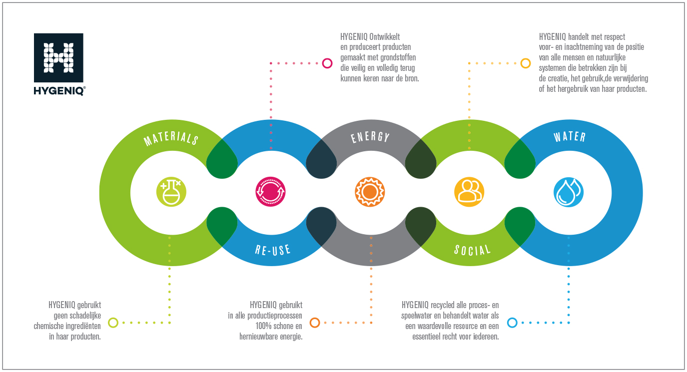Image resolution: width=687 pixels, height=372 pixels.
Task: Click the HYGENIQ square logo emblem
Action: pyautogui.click(x=58, y=57)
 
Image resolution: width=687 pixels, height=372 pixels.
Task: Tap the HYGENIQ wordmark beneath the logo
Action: pyautogui.click(x=59, y=91)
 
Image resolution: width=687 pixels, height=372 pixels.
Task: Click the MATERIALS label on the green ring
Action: pyautogui.click(x=171, y=139)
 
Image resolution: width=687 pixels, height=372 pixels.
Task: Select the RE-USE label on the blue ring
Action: pyautogui.click(x=273, y=250)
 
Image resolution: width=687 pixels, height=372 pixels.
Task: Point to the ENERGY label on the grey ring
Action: pyautogui.click(x=370, y=137)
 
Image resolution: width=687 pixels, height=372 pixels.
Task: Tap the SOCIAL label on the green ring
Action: pyautogui.click(x=472, y=250)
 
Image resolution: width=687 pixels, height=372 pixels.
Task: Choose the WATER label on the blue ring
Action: pyautogui.click(x=570, y=137)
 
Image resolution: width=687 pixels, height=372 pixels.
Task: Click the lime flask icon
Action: pyautogui.click(x=171, y=192)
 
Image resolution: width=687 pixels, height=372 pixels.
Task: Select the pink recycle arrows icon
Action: pyautogui.click(x=270, y=192)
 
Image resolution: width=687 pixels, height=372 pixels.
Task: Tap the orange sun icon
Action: pyautogui.click(x=370, y=192)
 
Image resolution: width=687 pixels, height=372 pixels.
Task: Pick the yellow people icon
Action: pyautogui.click(x=469, y=192)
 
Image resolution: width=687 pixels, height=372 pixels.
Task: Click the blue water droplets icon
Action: pyautogui.click(x=569, y=192)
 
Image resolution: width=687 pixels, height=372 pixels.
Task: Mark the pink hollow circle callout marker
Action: pyautogui.click(x=327, y=63)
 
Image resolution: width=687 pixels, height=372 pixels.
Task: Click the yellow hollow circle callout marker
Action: pyautogui.click(x=526, y=63)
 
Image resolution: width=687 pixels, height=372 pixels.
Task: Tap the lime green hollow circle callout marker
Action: pyautogui.click(x=113, y=323)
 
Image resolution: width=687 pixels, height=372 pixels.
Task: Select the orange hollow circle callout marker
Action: pyautogui.click(x=315, y=323)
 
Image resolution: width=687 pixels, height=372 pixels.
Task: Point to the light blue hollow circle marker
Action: pyautogui.click(x=512, y=323)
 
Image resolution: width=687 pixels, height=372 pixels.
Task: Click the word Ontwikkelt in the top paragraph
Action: pyautogui.click(x=385, y=37)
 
